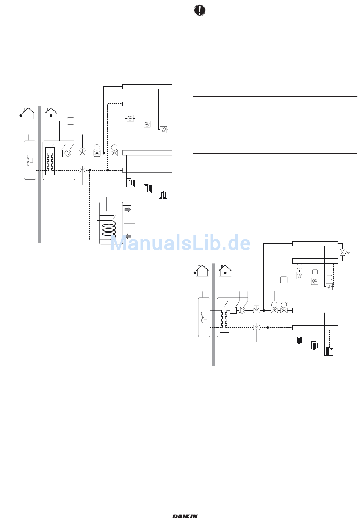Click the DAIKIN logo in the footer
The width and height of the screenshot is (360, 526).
(185, 516)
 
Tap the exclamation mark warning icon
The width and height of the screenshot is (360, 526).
(199, 10)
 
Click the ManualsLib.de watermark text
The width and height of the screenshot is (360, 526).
(180, 243)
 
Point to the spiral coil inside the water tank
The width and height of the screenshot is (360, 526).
(108, 230)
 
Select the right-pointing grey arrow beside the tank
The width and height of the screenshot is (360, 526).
(128, 210)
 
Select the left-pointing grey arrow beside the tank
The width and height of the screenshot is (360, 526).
(128, 236)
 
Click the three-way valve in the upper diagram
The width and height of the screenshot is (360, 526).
(97, 153)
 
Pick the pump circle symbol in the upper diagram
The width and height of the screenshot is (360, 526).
(68, 153)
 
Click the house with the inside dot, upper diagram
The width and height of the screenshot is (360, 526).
(51, 113)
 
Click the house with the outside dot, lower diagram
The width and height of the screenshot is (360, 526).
(202, 270)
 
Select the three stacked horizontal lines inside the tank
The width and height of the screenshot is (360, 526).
(106, 214)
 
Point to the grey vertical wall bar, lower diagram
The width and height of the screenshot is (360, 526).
(213, 315)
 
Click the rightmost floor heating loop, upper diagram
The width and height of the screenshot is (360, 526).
(163, 195)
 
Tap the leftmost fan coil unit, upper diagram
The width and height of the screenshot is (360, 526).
(130, 119)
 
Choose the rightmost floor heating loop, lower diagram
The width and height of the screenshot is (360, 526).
(329, 352)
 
